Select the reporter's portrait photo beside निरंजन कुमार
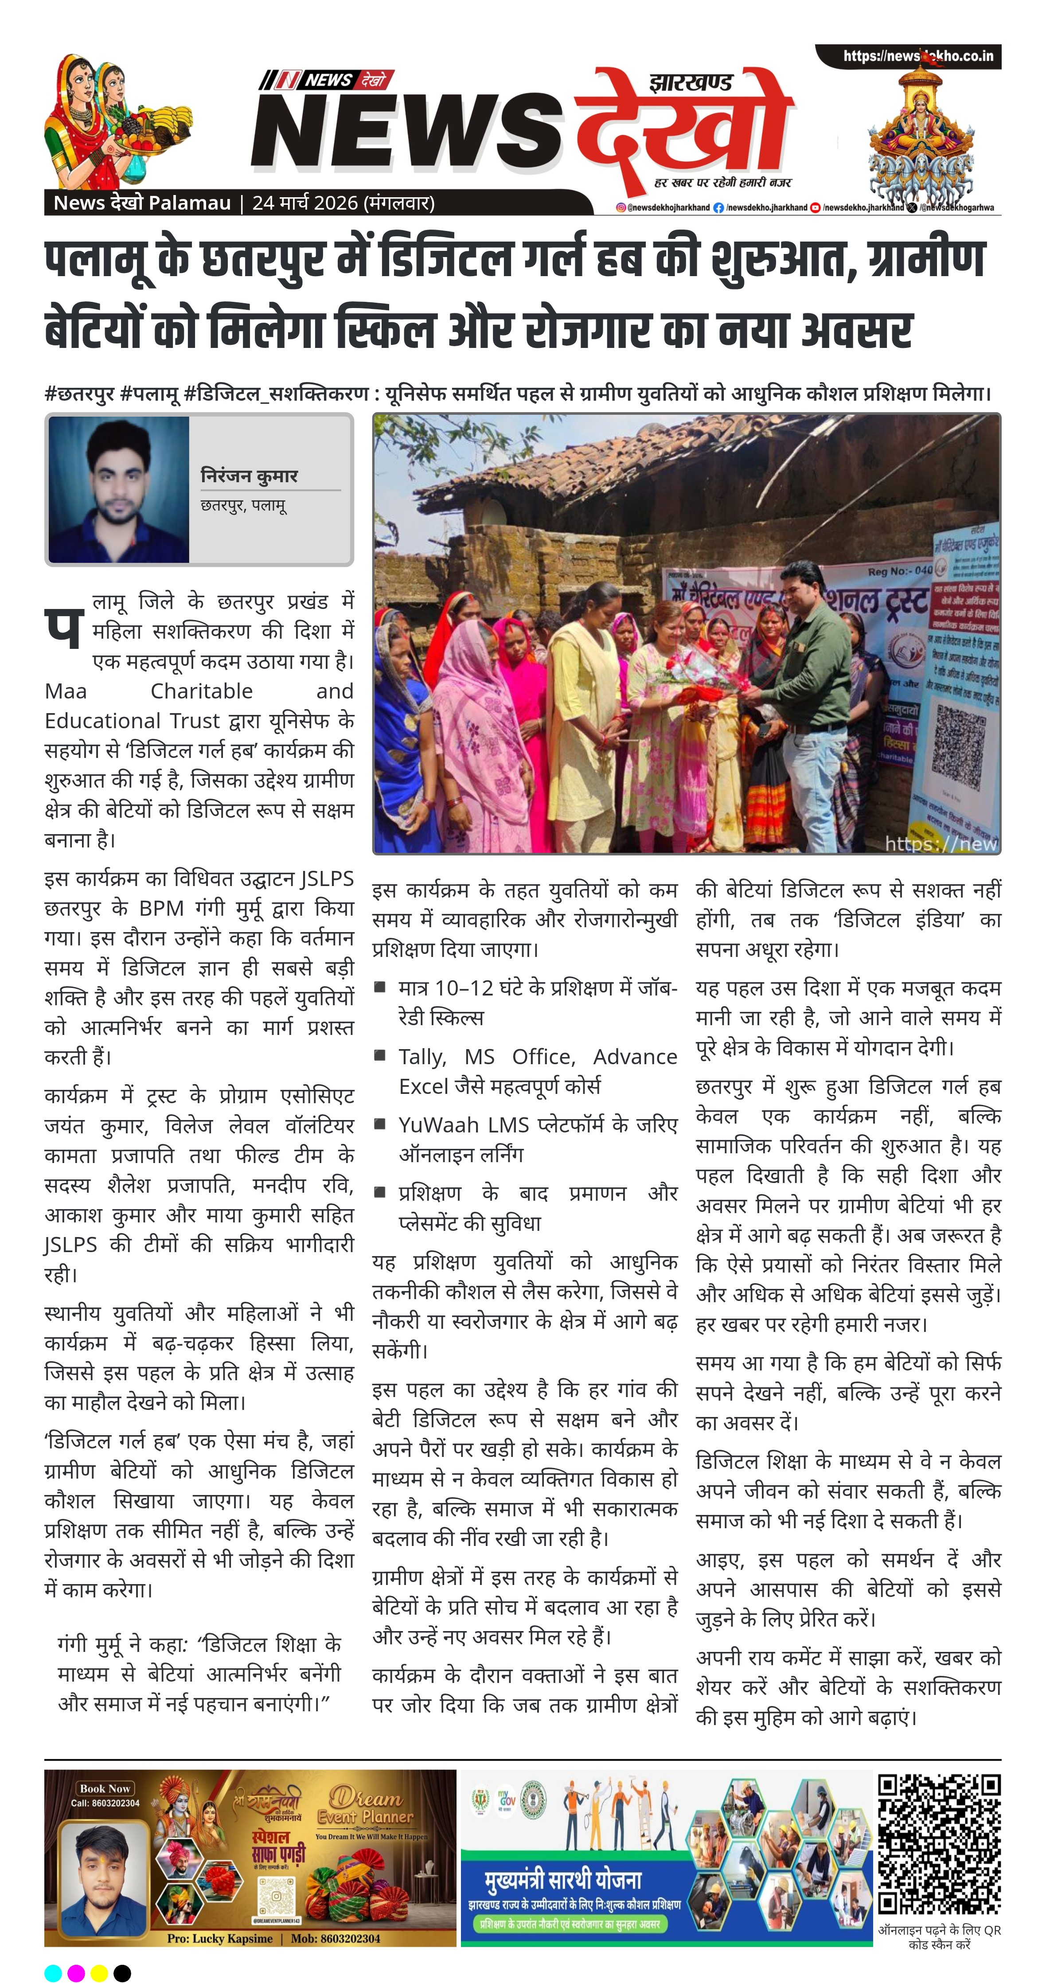118,490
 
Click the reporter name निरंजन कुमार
249,476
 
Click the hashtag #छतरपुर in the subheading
79,394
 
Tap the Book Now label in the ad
105,1788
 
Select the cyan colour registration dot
53,1973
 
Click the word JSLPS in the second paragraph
327,879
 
